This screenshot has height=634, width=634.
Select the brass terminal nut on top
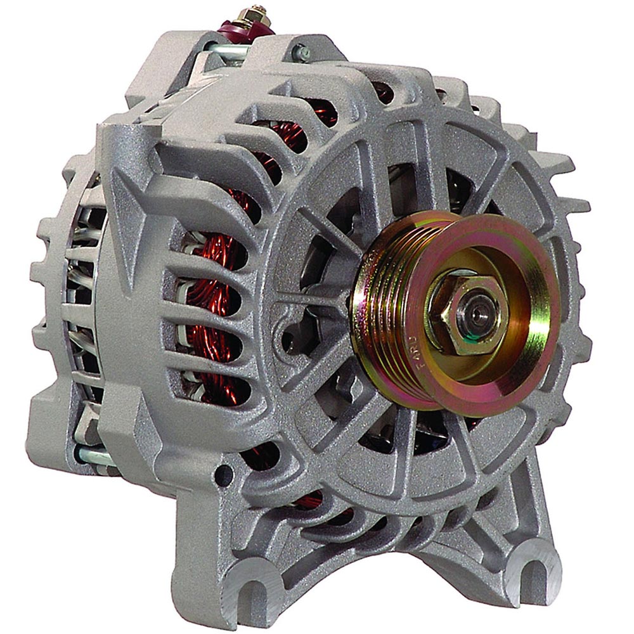pyautogui.click(x=257, y=14)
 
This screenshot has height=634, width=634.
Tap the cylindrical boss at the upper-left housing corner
pyautogui.click(x=114, y=139)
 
